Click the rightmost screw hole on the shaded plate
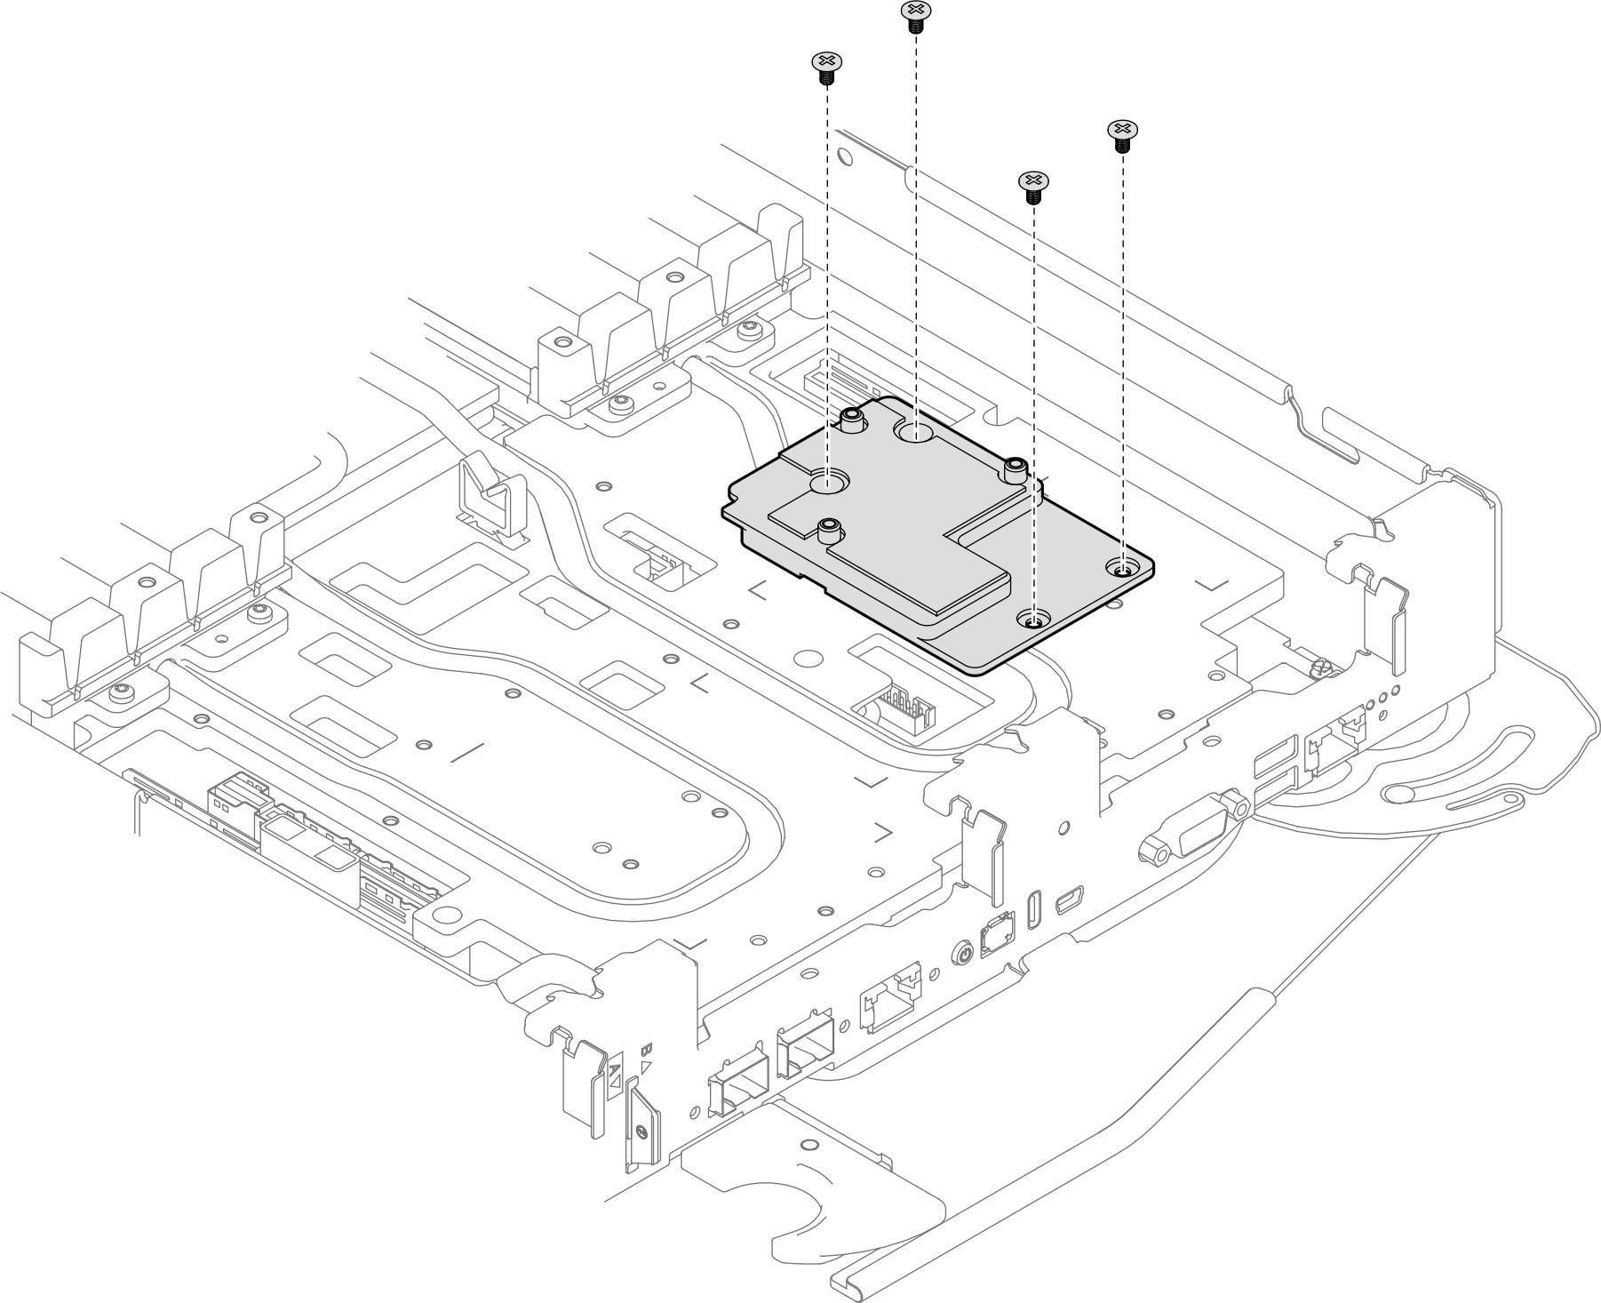point(1122,567)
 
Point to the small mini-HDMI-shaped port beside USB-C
point(1066,900)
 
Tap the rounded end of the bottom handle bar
point(842,1283)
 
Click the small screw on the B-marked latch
point(640,1131)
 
